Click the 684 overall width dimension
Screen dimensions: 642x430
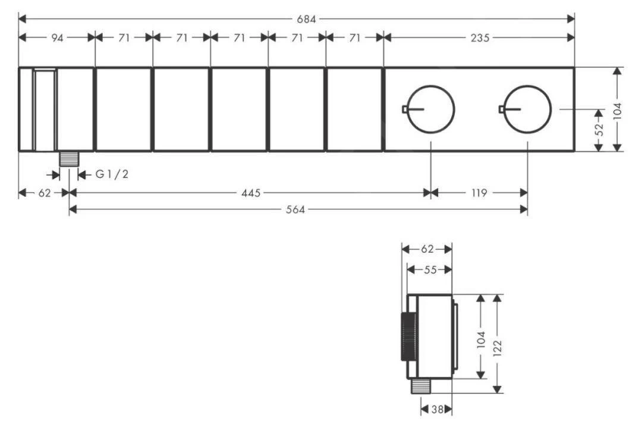[306, 19]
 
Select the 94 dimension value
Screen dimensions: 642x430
[57, 37]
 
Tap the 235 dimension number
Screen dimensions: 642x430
[480, 37]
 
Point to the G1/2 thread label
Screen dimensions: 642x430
[112, 174]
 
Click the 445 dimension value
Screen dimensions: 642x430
[251, 193]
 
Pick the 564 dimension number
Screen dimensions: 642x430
[295, 210]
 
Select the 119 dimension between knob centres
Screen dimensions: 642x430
[479, 193]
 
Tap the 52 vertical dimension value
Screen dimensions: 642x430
[599, 130]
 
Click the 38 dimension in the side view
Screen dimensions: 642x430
[437, 409]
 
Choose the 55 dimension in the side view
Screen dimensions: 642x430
[430, 269]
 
